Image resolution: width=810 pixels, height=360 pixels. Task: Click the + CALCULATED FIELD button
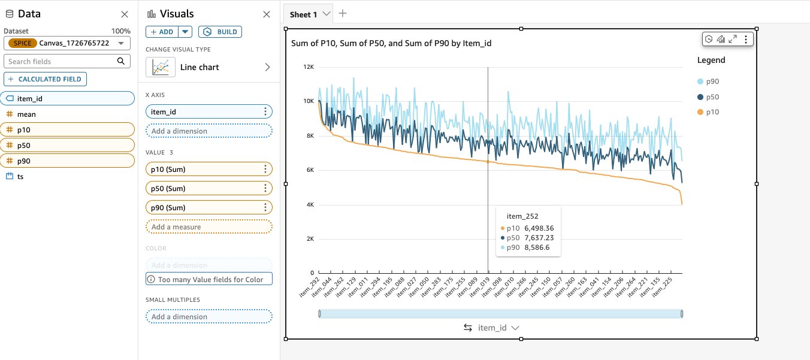coord(45,79)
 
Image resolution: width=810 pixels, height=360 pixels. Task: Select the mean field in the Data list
coord(26,114)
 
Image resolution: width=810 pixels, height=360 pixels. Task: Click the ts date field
coord(20,176)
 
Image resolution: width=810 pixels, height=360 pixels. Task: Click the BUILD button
coord(220,32)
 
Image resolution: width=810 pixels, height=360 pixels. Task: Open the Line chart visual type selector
coord(208,67)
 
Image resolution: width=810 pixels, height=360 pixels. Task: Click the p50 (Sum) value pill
coord(208,188)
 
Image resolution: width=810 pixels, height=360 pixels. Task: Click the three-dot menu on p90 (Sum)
coord(265,207)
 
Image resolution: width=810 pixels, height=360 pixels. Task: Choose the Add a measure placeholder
coord(208,226)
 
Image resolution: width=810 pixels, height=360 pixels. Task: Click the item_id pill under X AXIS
coord(208,111)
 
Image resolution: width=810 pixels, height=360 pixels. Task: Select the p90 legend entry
coord(708,81)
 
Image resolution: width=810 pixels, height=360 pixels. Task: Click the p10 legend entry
coord(708,112)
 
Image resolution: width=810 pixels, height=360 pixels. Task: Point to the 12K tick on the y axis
coord(309,67)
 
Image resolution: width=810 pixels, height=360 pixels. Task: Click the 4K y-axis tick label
coord(310,205)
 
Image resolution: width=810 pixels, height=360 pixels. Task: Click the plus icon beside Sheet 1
coord(343,14)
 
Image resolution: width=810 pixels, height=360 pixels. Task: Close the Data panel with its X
coord(125,14)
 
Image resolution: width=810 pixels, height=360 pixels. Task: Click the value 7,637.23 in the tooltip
coord(539,238)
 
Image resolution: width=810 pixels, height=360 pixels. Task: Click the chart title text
coord(391,43)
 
